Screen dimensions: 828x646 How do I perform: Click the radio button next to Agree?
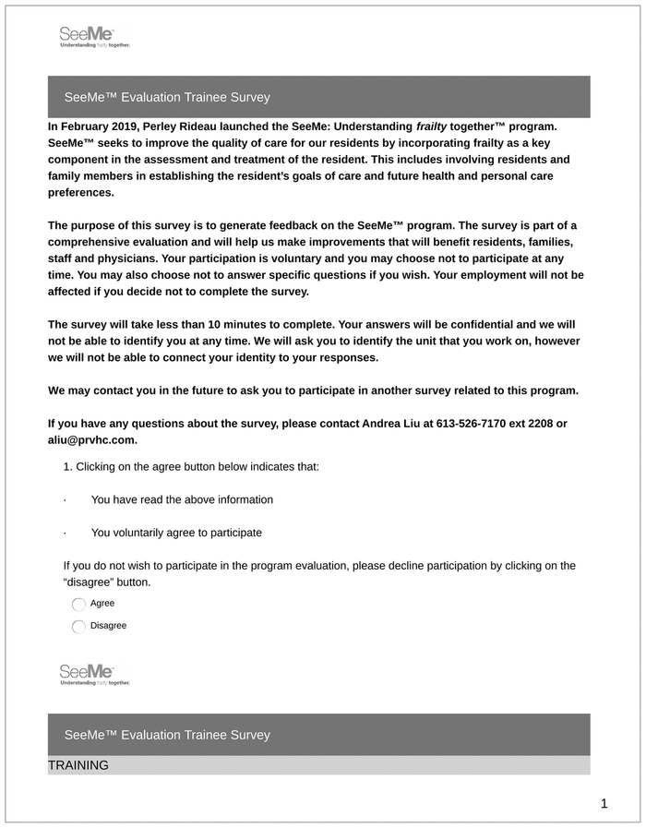[x=78, y=605]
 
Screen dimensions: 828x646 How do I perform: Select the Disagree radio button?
[x=78, y=627]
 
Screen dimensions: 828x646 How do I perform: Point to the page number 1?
[x=604, y=804]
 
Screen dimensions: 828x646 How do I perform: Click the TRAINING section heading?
[x=78, y=765]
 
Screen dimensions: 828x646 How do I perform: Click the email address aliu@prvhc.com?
[x=91, y=440]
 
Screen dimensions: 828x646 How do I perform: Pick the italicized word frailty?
[x=431, y=126]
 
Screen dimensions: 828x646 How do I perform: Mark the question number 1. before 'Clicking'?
[x=67, y=467]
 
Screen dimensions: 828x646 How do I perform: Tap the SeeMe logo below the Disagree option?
[x=94, y=674]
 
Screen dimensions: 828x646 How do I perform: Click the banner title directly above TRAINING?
[x=167, y=735]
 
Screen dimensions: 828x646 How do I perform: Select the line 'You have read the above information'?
[x=182, y=500]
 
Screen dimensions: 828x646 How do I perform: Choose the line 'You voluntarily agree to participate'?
[x=176, y=533]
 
